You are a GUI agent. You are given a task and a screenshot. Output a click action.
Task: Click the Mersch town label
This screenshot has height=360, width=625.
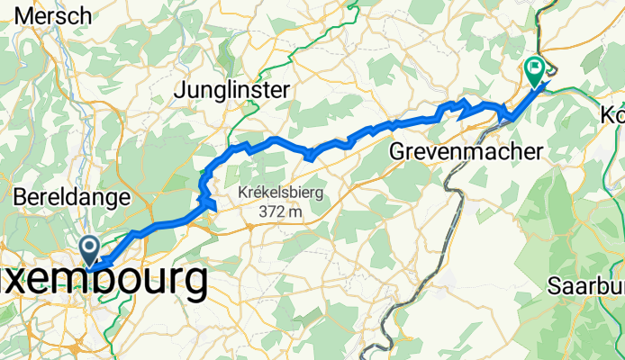click(52, 15)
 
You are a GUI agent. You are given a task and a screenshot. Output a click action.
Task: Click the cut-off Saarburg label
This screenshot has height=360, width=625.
click(586, 288)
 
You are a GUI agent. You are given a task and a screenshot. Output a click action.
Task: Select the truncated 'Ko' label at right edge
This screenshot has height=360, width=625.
click(612, 116)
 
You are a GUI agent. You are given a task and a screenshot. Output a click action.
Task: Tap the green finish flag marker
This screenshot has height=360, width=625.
click(534, 68)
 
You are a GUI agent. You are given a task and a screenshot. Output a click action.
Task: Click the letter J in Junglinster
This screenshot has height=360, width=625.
click(179, 90)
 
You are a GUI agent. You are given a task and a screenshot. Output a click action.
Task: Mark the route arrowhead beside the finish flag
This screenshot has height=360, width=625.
click(545, 85)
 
